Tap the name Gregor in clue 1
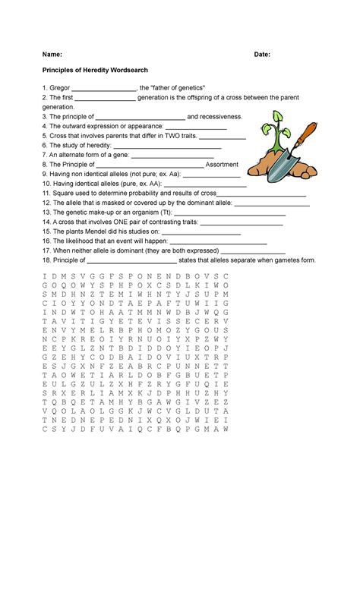(x=59, y=89)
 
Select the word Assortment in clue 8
(x=223, y=164)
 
